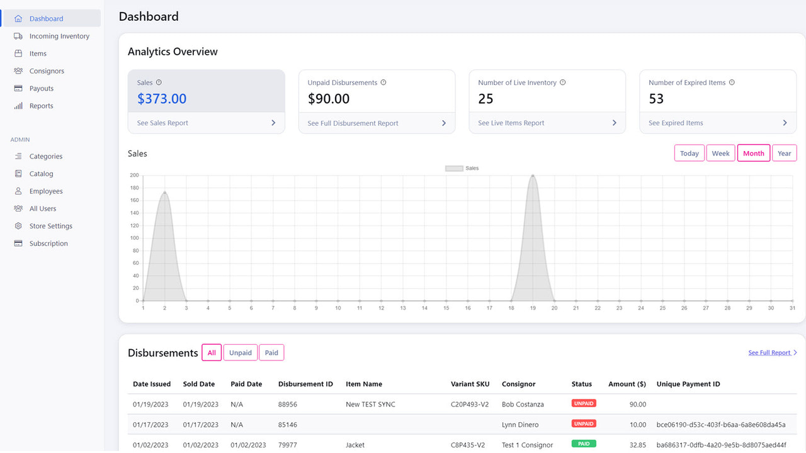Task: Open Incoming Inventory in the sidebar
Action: click(59, 36)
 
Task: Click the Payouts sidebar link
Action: click(42, 89)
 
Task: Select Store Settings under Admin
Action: click(50, 226)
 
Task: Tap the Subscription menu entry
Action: click(48, 243)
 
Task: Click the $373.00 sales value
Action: click(162, 99)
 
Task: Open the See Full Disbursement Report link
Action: click(353, 123)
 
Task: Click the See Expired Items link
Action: click(676, 123)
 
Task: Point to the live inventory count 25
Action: click(485, 99)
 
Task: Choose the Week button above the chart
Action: click(720, 154)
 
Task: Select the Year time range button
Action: click(784, 154)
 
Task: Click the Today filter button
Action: click(689, 154)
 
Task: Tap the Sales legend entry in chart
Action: click(462, 169)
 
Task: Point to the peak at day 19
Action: click(533, 176)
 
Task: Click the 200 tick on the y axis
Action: click(133, 176)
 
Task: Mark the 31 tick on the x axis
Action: click(792, 308)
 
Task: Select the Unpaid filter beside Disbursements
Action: click(240, 353)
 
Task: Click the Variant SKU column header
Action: click(470, 384)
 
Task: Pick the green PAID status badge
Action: click(583, 444)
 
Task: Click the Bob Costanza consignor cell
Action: click(523, 405)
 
